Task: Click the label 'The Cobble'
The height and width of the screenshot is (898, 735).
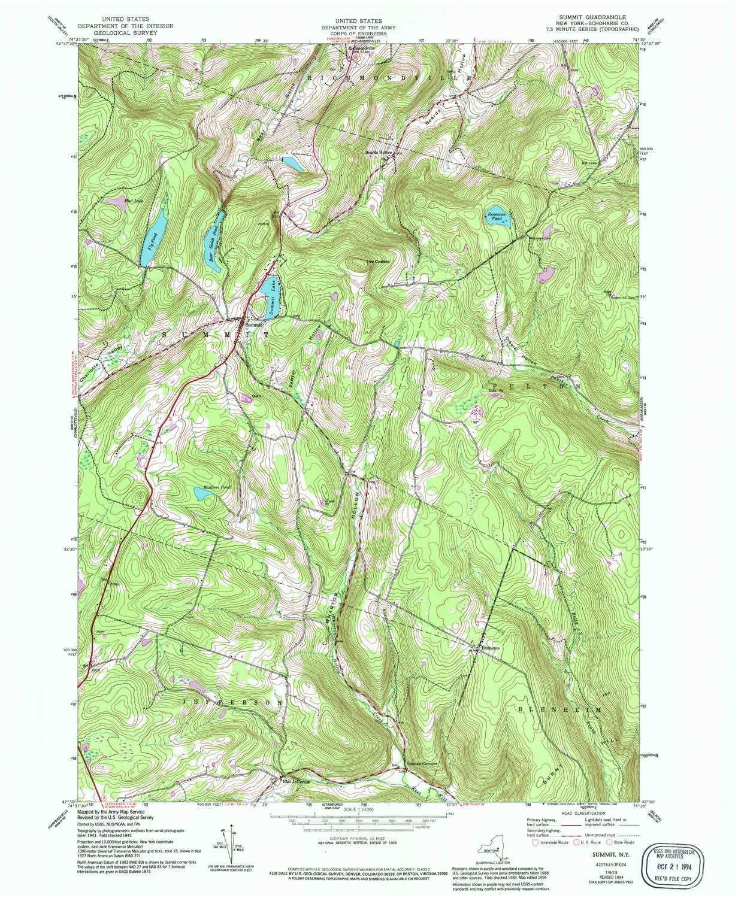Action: (378, 262)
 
